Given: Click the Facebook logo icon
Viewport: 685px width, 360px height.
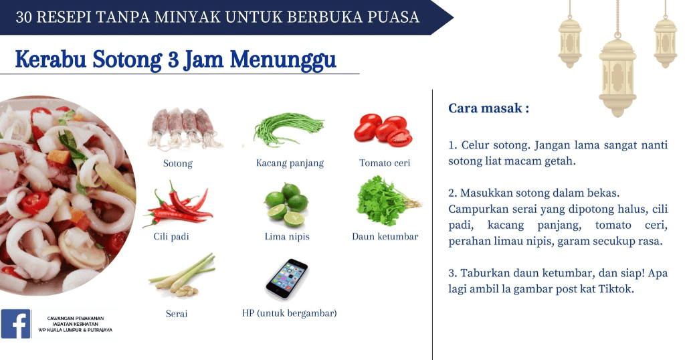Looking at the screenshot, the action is click(x=16, y=324).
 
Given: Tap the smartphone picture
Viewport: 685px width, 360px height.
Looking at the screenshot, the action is click(x=287, y=280).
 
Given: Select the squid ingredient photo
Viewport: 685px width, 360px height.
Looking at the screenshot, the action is click(x=185, y=128).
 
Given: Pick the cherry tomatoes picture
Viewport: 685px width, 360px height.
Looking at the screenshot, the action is click(x=383, y=130).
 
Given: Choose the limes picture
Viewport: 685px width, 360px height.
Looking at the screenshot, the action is click(x=286, y=205).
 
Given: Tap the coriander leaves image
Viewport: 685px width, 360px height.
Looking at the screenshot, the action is click(x=388, y=201).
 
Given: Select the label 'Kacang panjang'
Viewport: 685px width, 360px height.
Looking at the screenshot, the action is click(x=290, y=163).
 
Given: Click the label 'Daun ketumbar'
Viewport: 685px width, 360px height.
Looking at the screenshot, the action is click(x=385, y=236).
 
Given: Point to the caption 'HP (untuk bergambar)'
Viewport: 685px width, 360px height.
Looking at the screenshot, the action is click(x=289, y=312).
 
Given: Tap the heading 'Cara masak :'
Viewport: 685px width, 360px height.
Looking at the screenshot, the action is click(x=488, y=108).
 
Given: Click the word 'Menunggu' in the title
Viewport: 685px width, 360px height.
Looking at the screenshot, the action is click(x=283, y=60).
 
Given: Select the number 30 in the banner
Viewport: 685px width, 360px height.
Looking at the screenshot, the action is click(x=24, y=17).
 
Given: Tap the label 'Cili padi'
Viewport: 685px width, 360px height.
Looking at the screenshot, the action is click(x=171, y=236).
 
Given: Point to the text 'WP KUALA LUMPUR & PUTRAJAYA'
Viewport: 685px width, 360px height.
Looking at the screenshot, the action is click(x=76, y=331).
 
